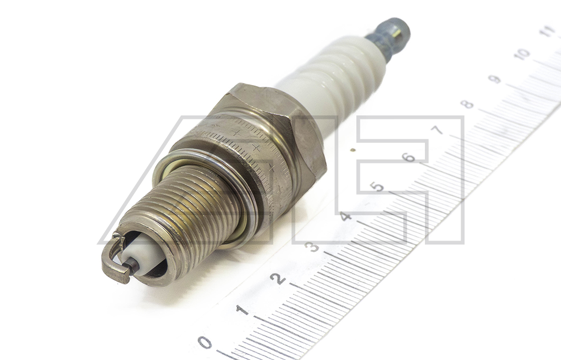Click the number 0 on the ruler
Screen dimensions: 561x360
coord(206,342)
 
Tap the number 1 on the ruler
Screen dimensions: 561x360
coord(243,309)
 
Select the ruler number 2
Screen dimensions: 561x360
coord(279,278)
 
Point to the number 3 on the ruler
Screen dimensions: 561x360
coord(313,247)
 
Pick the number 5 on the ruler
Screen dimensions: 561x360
coord(377,187)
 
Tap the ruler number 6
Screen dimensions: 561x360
coord(409,157)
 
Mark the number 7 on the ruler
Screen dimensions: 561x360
coord(439,130)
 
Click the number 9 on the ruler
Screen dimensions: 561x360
coord(495,79)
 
